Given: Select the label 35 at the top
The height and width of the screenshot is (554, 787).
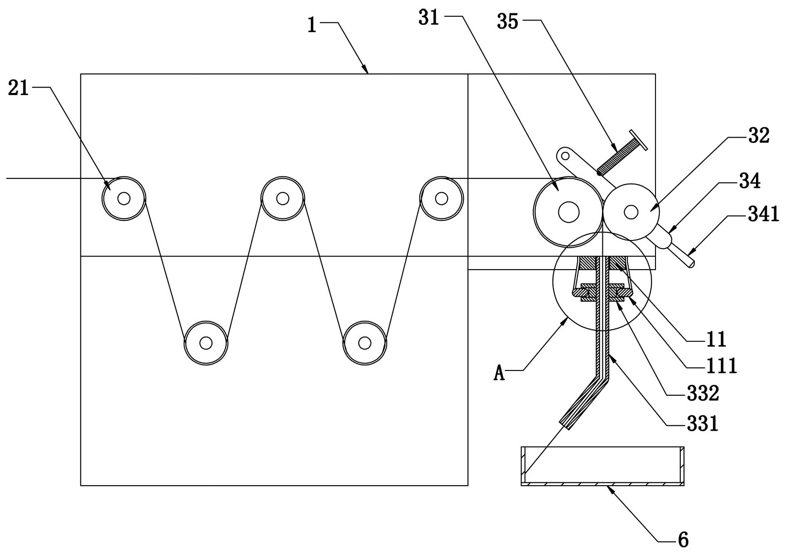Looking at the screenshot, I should pyautogui.click(x=508, y=22).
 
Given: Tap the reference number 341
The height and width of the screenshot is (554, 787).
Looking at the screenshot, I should pyautogui.click(x=763, y=215).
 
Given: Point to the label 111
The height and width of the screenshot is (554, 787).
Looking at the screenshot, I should pyautogui.click(x=721, y=367).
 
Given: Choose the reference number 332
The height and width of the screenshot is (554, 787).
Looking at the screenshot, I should pyautogui.click(x=703, y=394).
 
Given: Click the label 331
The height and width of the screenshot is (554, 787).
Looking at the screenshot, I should pyautogui.click(x=702, y=424).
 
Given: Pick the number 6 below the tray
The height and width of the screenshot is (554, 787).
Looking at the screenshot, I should pyautogui.click(x=683, y=540).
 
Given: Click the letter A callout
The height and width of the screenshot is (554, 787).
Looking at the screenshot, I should pyautogui.click(x=499, y=373).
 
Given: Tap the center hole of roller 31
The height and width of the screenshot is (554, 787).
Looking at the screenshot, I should pyautogui.click(x=568, y=212).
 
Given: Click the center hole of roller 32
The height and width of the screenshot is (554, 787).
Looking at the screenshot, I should pyautogui.click(x=631, y=212).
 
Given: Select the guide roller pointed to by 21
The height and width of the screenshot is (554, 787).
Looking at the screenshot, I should pyautogui.click(x=124, y=198).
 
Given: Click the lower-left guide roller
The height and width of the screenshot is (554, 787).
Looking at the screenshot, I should pyautogui.click(x=206, y=343).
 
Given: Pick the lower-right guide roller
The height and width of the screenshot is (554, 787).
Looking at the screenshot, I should pyautogui.click(x=365, y=343).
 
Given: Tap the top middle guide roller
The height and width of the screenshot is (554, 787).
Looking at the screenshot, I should pyautogui.click(x=283, y=198).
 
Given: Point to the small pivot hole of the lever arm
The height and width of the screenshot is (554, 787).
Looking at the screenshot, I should pyautogui.click(x=565, y=155).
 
